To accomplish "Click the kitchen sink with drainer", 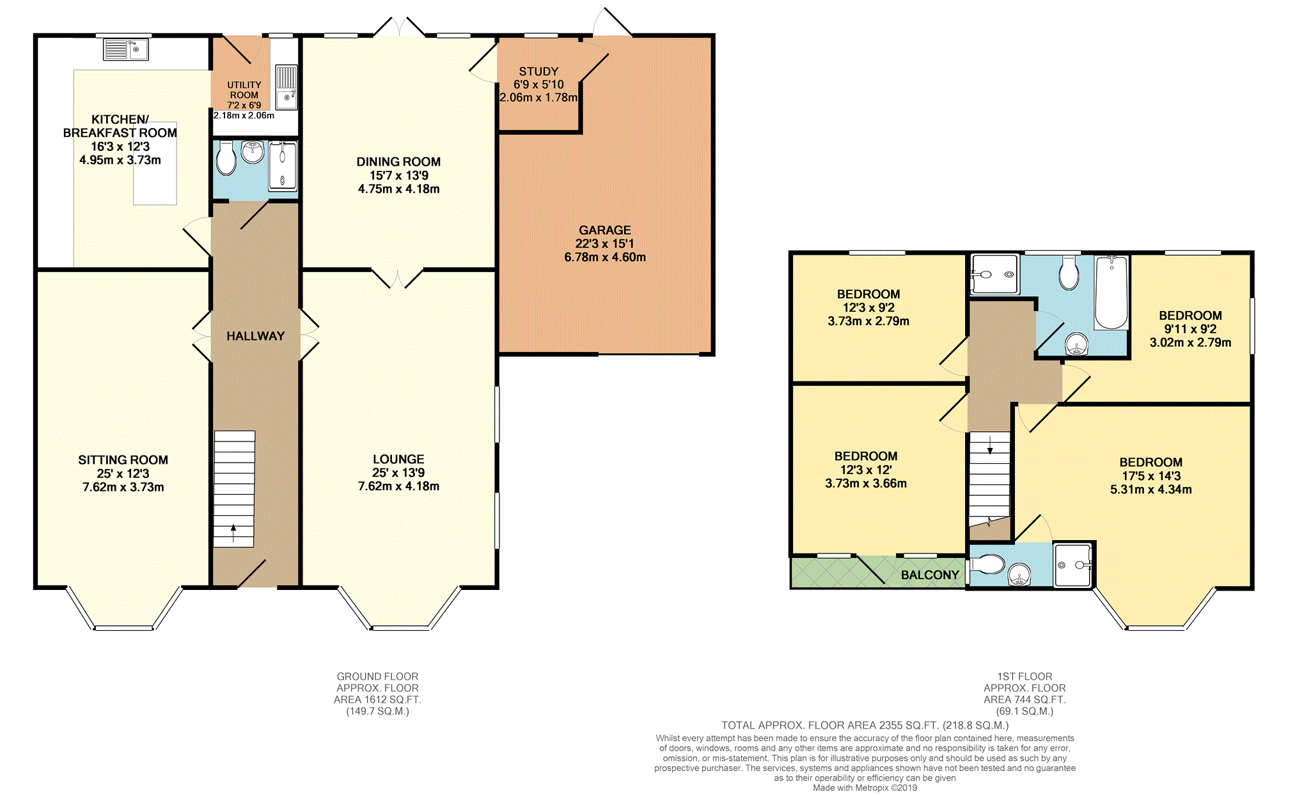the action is click(x=126, y=49).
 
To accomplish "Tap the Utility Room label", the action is click(x=244, y=90).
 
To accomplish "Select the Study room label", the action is click(x=538, y=72).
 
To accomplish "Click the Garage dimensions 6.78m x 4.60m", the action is click(x=605, y=257).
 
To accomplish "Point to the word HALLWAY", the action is click(x=256, y=336).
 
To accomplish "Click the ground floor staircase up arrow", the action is click(x=233, y=533).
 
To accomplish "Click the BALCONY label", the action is click(x=930, y=575).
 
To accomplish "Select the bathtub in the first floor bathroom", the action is click(x=1111, y=292).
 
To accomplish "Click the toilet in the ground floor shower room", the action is click(x=226, y=158).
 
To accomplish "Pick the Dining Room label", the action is click(x=398, y=162).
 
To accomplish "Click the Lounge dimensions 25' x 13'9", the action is click(x=398, y=473).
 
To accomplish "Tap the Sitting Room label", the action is click(x=123, y=460).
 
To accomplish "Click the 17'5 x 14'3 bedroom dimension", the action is click(x=1151, y=476).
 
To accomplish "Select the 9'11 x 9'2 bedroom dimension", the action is click(x=1190, y=329).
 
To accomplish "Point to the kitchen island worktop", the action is click(x=155, y=163).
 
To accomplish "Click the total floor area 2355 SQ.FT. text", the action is click(x=865, y=726).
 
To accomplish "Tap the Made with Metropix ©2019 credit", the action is click(x=865, y=788).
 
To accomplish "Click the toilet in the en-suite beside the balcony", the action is click(x=987, y=564).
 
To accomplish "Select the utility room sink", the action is click(x=286, y=87).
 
